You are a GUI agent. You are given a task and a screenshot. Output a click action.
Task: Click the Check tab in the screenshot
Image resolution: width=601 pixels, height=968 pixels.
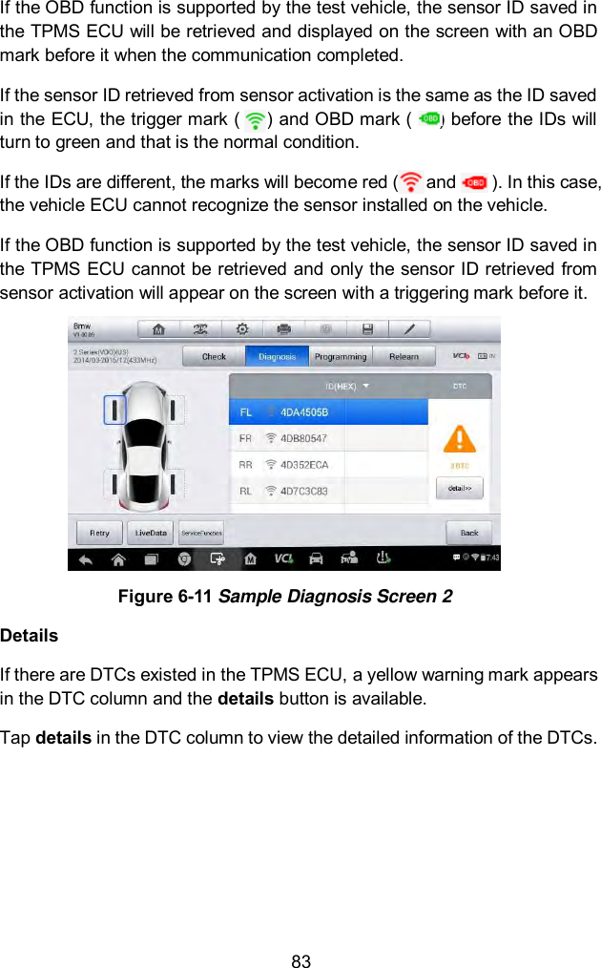(x=214, y=357)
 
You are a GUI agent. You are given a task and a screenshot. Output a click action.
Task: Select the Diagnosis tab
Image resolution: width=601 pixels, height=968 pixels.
(x=277, y=357)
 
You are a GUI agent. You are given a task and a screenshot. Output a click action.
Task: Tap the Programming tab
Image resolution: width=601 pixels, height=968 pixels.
(x=341, y=357)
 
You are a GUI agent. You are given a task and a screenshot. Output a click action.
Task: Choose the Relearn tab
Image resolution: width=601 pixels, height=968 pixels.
(x=404, y=357)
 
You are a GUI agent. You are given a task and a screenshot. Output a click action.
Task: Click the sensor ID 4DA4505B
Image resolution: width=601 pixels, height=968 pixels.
(x=303, y=412)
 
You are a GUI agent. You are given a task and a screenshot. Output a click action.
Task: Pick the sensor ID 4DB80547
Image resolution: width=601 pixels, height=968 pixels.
(x=303, y=438)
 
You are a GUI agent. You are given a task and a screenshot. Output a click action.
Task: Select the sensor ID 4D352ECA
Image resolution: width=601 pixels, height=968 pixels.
(x=303, y=465)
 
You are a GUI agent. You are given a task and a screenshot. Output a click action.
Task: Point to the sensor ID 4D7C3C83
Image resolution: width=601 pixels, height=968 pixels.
(x=303, y=491)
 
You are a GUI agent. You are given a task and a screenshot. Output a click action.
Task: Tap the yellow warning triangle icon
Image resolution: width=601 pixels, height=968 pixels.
(x=460, y=438)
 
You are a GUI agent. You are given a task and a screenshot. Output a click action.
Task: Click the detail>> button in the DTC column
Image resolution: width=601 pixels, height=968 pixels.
(x=460, y=488)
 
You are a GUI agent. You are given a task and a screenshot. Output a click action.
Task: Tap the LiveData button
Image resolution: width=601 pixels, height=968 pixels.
(x=151, y=533)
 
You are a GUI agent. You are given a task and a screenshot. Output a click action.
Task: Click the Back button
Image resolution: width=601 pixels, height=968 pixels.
(x=469, y=533)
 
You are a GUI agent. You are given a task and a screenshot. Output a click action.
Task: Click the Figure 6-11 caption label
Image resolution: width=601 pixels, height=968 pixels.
(x=284, y=598)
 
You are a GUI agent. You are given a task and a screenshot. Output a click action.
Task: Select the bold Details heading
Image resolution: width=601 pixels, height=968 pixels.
(x=30, y=635)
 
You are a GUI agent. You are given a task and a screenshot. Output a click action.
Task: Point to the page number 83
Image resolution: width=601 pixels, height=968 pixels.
(x=300, y=961)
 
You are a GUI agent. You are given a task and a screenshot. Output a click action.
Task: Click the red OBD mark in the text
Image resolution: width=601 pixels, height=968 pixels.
(x=473, y=181)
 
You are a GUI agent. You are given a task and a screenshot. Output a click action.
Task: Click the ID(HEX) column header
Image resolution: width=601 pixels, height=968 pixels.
(x=346, y=387)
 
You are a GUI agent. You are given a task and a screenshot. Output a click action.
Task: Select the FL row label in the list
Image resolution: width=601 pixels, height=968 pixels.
(x=246, y=412)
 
